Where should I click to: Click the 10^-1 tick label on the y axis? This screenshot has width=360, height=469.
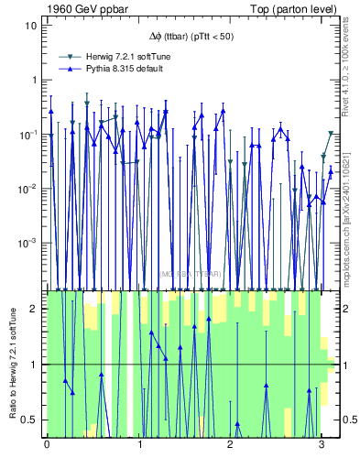point(30,135)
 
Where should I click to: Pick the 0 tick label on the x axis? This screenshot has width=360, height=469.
point(47,446)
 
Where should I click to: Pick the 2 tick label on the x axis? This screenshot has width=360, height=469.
point(230,446)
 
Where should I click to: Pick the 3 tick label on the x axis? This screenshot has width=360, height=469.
point(322,446)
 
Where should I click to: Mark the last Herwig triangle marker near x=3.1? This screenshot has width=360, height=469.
point(331,134)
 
